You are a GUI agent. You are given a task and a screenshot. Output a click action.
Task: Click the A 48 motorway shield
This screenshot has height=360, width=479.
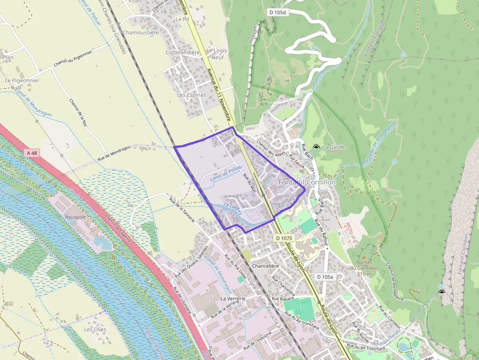point(32,153)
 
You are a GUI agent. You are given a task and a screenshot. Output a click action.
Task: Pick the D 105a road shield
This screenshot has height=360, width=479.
point(325,277)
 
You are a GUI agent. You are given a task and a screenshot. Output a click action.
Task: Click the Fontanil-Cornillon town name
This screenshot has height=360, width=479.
point(307,182)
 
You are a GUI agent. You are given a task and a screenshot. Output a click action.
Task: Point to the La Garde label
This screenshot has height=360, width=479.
point(334,147)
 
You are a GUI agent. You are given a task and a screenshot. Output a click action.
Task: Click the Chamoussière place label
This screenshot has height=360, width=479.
point(141,33)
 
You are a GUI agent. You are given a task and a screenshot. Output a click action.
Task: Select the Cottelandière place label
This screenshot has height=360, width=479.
point(183,52)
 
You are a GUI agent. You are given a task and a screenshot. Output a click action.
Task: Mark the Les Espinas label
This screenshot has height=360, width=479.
point(191,95)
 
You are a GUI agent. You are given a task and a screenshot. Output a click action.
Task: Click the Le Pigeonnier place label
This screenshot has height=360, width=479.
point(22,80)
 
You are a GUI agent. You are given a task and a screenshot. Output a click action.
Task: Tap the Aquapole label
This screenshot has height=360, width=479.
point(75,216)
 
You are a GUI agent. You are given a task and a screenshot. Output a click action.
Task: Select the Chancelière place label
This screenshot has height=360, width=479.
point(265,266)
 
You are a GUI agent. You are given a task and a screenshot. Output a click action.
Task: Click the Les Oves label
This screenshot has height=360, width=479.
point(95,330)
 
